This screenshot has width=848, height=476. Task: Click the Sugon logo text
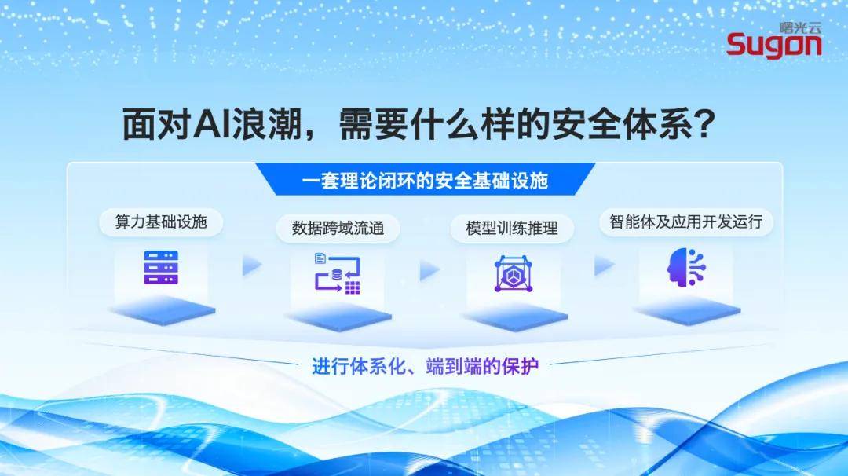773,46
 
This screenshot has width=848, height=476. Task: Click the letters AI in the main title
210,123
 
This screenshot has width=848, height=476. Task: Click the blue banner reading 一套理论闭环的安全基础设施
425,181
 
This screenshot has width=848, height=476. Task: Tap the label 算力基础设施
161,222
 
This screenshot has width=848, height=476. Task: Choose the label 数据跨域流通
338,229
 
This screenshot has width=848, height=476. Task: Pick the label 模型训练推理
512,229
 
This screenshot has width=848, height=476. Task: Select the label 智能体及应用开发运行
685,222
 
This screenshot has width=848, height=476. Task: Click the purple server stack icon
161,268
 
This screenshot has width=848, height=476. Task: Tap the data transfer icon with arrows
337,274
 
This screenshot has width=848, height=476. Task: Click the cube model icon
513,274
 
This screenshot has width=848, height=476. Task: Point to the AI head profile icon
687,268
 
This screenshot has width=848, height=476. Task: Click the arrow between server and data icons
251,267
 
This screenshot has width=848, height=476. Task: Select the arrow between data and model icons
429,271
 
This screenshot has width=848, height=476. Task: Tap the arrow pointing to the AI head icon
603,267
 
